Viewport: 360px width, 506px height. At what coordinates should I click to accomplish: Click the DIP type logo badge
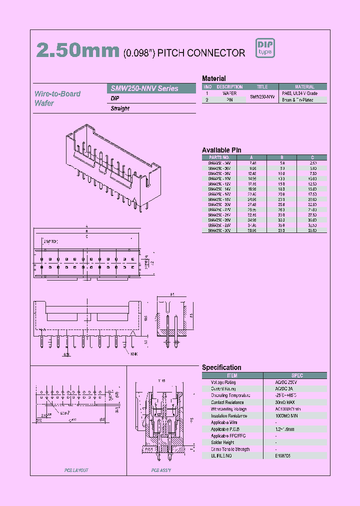[x=265, y=48]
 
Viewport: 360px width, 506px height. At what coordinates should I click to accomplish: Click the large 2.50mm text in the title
[x=78, y=51]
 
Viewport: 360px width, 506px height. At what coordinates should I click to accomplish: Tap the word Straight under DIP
[x=120, y=108]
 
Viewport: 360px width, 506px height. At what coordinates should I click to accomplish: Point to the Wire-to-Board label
[x=57, y=93]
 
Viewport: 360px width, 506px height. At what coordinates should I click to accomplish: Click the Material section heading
[x=213, y=78]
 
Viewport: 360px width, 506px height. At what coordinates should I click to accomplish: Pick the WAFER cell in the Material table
[x=229, y=93]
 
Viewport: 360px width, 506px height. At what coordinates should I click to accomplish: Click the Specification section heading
[x=221, y=367]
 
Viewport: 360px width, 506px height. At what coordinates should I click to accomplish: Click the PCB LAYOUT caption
[x=76, y=470]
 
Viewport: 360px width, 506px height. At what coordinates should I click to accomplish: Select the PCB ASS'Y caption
[x=161, y=470]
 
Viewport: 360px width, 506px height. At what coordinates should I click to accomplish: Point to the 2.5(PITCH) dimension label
[x=50, y=241]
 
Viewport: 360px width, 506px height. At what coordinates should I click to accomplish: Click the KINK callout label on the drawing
[x=134, y=354]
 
